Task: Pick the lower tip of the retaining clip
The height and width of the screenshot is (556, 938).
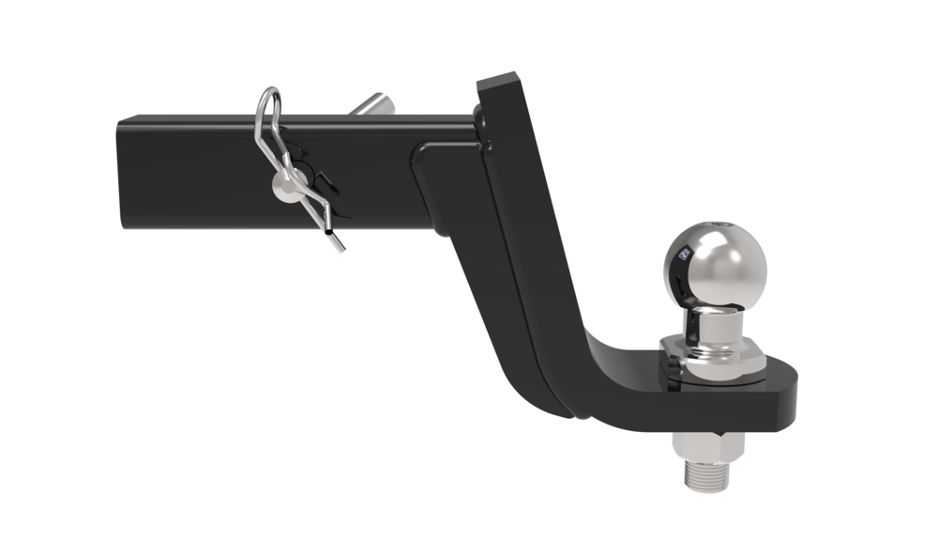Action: point(340,249)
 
